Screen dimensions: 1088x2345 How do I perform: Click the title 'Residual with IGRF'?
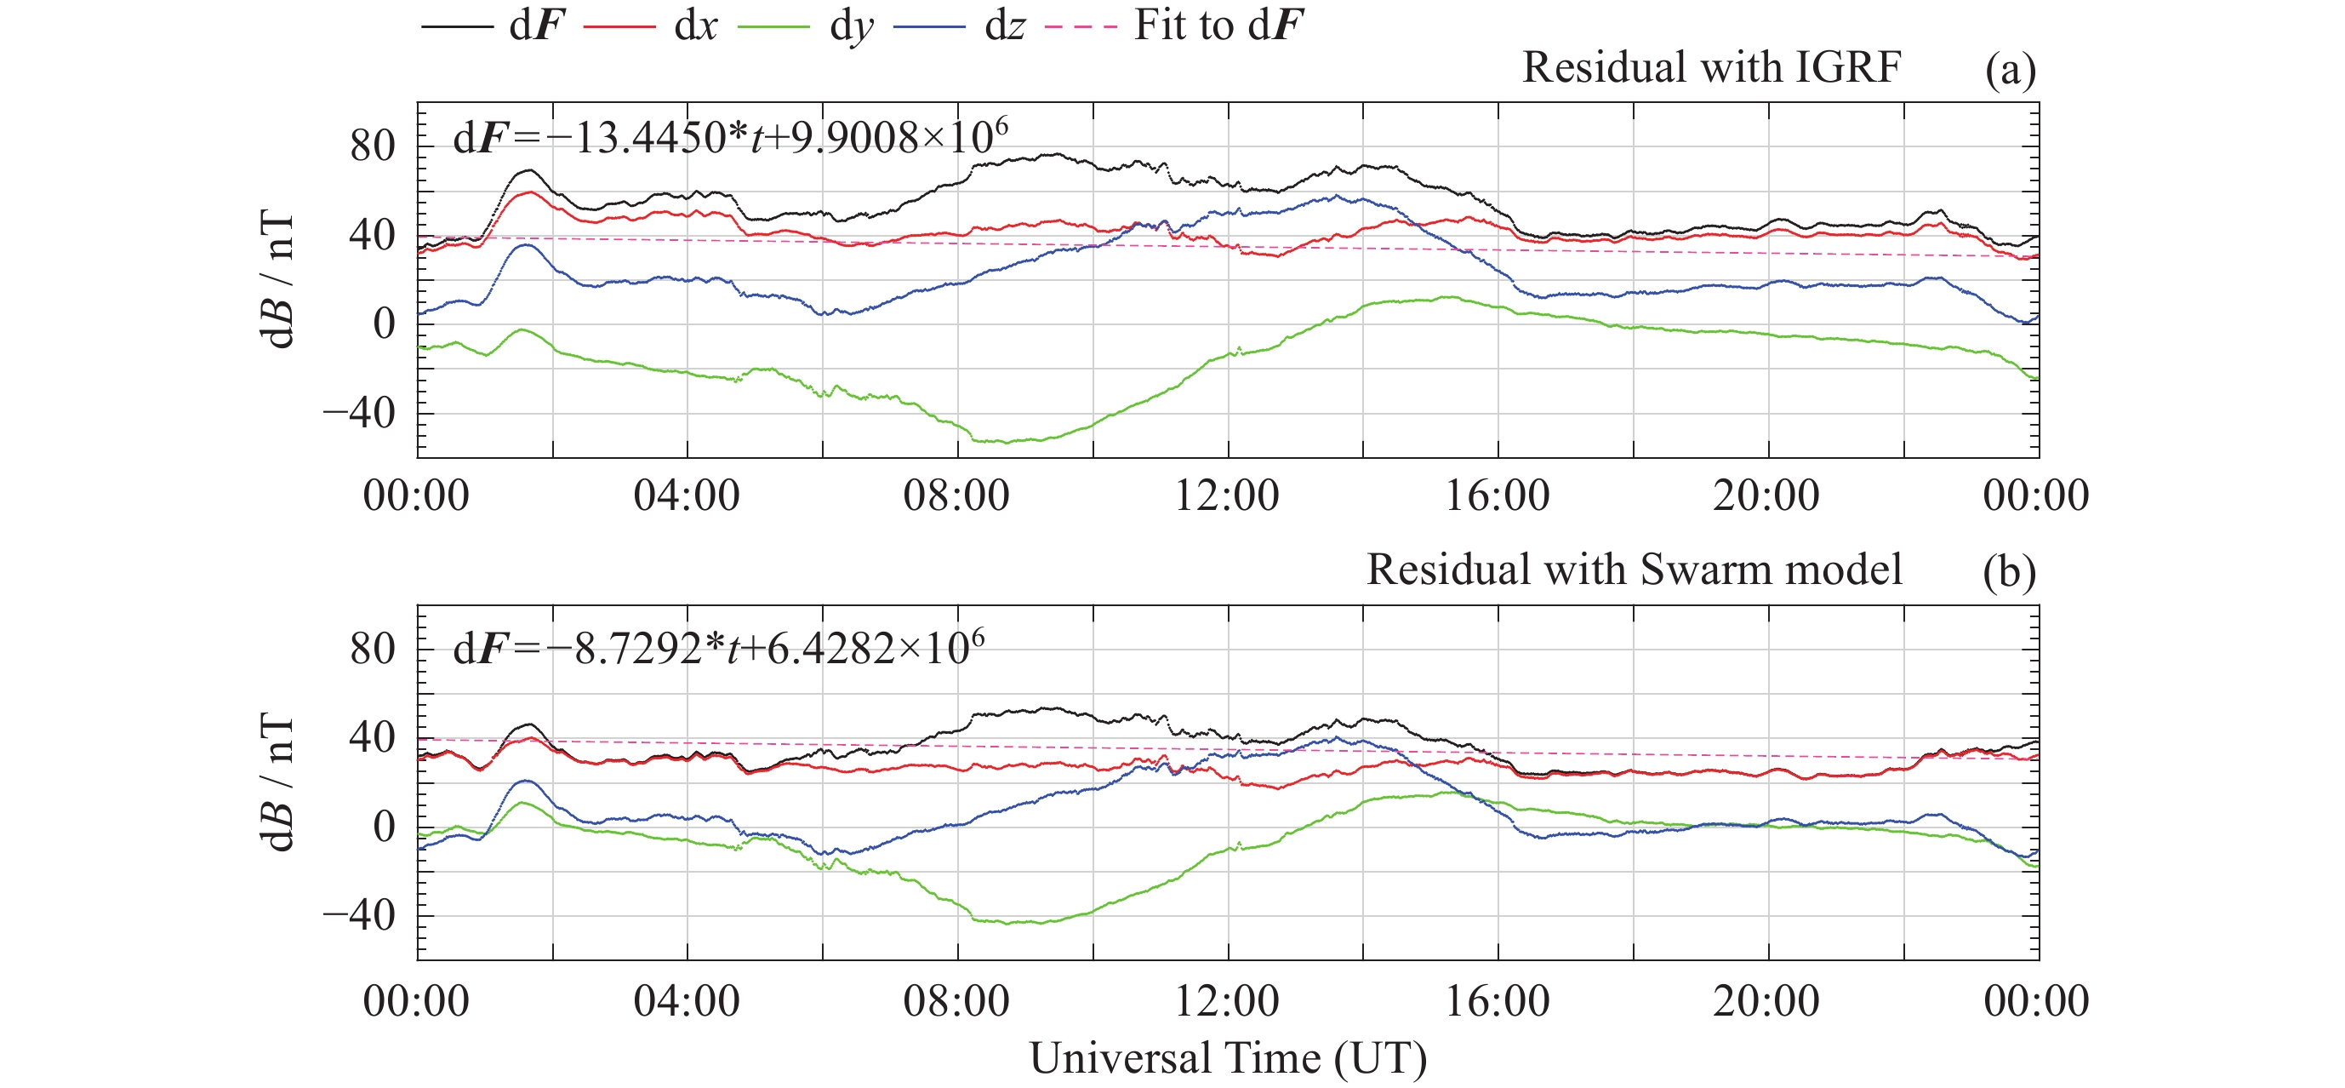pyautogui.click(x=1711, y=67)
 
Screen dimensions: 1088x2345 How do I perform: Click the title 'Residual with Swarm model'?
pyautogui.click(x=1634, y=570)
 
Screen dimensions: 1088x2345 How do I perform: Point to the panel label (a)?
pyautogui.click(x=2010, y=70)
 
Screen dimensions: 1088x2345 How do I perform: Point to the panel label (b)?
pyautogui.click(x=2009, y=573)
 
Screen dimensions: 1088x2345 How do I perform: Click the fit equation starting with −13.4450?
pyautogui.click(x=730, y=139)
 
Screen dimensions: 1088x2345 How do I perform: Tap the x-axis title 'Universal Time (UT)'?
pyautogui.click(x=1228, y=1059)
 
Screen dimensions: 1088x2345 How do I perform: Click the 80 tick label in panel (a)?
pyautogui.click(x=373, y=146)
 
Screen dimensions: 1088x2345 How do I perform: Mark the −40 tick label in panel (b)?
pyautogui.click(x=360, y=916)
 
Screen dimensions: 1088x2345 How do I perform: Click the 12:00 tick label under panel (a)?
pyautogui.click(x=1227, y=496)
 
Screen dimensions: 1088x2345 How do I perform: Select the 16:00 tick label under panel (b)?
pyautogui.click(x=1498, y=1001)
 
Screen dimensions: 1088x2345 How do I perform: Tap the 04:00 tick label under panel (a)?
pyautogui.click(x=687, y=496)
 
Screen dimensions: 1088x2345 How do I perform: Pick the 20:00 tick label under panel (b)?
pyautogui.click(x=1767, y=1001)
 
